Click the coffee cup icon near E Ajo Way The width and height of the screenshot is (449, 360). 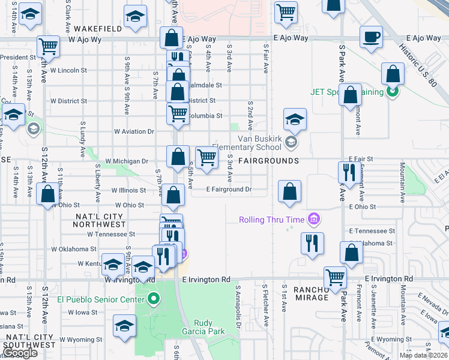[371, 37]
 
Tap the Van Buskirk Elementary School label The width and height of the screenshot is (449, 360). [247, 142]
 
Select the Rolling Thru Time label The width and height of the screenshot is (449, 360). [271, 220]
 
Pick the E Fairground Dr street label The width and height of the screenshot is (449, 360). [228, 190]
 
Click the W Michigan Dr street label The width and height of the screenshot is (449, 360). [126, 161]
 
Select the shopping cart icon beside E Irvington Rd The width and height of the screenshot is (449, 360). [335, 277]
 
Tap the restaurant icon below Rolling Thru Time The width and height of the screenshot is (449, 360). [312, 243]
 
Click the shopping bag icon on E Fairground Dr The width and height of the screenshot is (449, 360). [289, 192]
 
